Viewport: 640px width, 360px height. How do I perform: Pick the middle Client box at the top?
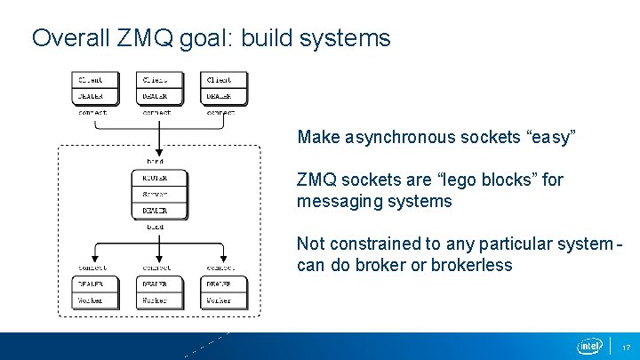click(158, 80)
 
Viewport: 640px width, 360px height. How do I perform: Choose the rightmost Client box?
click(223, 80)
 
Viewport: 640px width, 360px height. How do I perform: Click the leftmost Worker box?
click(92, 300)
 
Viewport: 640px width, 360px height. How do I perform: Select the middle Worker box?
click(158, 300)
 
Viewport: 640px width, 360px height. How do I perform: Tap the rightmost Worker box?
click(223, 300)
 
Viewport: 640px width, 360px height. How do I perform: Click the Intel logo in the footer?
click(588, 345)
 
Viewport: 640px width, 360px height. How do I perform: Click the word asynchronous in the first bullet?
click(388, 138)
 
